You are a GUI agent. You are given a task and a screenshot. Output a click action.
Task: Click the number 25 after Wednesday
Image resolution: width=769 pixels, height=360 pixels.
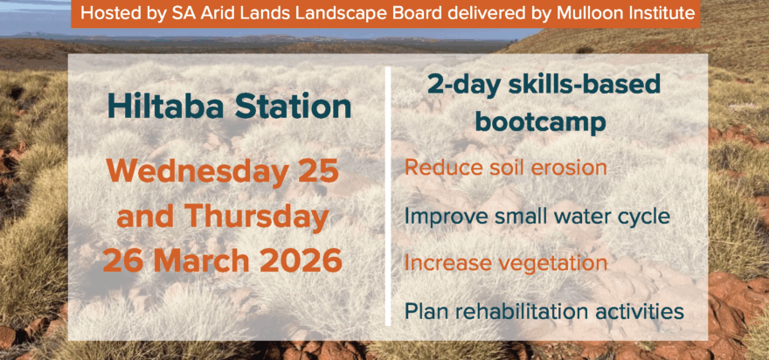pos(317,170)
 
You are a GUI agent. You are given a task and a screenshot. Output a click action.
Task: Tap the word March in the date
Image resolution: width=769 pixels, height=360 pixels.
pos(204,260)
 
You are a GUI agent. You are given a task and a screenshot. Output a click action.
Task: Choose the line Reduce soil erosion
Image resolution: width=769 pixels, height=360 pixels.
pos(505,167)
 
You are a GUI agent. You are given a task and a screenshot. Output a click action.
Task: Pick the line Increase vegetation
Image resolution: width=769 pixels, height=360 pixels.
pos(506,262)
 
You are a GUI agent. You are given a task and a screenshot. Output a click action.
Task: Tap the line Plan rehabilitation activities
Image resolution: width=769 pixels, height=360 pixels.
pos(544,310)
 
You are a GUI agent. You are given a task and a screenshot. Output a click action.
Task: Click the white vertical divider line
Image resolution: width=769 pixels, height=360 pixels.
pos(388,200)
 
